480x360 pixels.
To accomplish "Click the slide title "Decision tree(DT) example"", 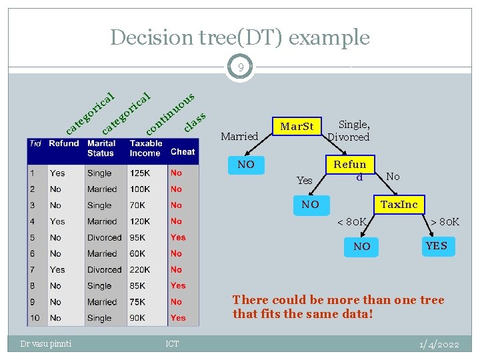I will tap(239, 37).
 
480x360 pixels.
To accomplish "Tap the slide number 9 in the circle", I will tap(240, 67).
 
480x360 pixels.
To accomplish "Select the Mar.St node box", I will tap(297, 127).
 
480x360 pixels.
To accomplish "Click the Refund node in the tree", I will tap(350, 169).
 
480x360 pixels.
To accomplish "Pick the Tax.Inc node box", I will tap(399, 205).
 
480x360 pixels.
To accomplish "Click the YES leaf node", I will tap(436, 246).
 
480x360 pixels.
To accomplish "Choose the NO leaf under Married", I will tap(246, 164).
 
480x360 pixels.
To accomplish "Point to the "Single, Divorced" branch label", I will tap(348, 130).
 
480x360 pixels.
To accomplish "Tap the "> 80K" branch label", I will tap(445, 221).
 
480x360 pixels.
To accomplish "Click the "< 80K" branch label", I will tap(351, 221).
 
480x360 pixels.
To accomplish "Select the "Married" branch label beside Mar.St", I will tap(239, 137).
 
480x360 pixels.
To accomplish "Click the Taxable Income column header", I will tap(145, 148).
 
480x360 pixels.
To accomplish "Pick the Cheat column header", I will tap(183, 151).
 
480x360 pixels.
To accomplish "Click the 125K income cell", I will tap(140, 173).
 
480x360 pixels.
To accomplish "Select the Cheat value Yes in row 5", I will tap(178, 237).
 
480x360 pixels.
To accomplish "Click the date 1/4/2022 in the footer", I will tap(439, 344).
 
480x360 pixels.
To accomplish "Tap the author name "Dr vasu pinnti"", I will tap(46, 344).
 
